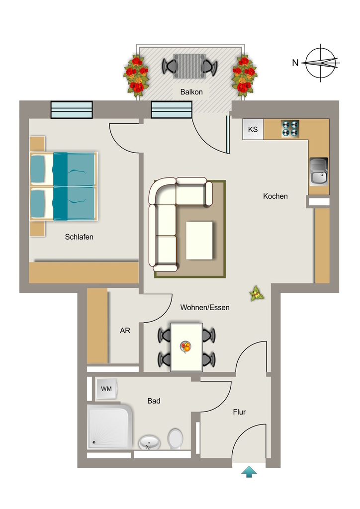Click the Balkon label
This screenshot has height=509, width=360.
191,92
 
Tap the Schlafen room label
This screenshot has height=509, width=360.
79,237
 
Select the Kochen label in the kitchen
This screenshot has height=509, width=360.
275,196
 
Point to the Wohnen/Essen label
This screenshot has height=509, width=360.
205,307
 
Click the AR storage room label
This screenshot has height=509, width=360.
125,331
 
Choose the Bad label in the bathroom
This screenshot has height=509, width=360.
154,401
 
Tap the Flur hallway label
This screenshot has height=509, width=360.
239,412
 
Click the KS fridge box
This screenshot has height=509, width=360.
253,129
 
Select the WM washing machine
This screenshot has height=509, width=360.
106,389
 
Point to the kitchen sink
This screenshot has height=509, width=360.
319,171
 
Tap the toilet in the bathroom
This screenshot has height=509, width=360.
176,439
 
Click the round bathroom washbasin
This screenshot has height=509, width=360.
149,442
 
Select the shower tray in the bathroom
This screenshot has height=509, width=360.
110,426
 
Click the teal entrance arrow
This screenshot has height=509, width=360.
249,472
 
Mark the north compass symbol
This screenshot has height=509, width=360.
321,63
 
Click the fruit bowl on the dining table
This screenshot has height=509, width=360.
185,346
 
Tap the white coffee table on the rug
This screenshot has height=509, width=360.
199,241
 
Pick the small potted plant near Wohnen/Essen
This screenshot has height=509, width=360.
257,293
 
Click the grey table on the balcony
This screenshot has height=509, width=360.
189,66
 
